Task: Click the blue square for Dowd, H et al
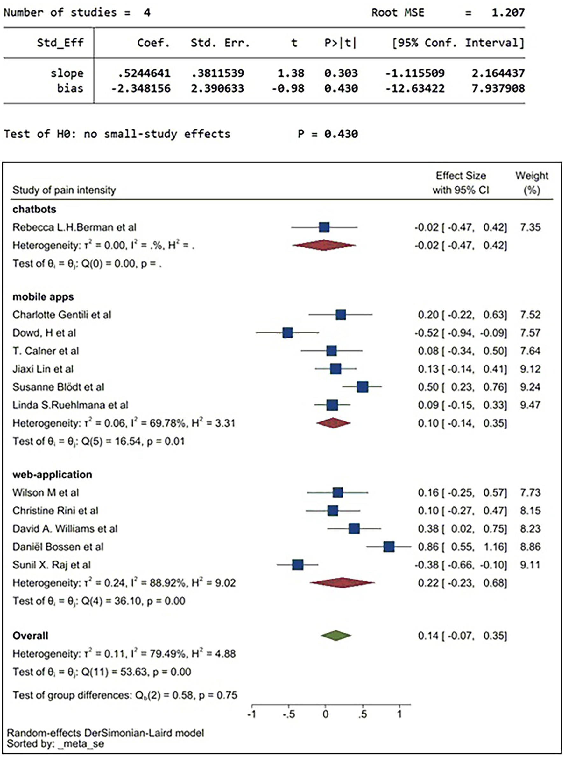tap(288, 333)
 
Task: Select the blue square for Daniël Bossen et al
tap(389, 547)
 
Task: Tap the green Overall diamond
tap(336, 636)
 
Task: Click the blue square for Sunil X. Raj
tap(298, 565)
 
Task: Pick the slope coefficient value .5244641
tap(144, 73)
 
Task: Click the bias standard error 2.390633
tap(217, 88)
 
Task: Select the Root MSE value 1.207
tap(508, 13)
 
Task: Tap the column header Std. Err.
tap(220, 43)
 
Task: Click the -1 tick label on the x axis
tap(252, 714)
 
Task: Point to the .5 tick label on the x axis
tap(362, 714)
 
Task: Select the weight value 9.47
tap(530, 405)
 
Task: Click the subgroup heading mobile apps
tap(43, 296)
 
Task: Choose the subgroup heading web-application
tap(52, 475)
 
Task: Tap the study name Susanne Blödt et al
tap(58, 387)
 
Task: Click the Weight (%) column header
tap(532, 183)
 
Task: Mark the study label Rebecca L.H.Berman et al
tap(74, 227)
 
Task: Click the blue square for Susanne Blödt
tap(363, 387)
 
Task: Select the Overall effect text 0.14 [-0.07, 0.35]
tap(462, 636)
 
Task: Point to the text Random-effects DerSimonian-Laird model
tap(105, 733)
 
